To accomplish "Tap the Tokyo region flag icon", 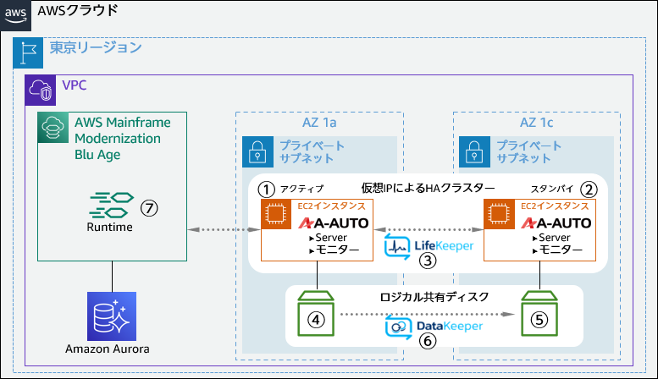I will click(x=26, y=53).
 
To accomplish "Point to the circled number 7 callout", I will click(x=150, y=206).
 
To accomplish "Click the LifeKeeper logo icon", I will click(x=398, y=246).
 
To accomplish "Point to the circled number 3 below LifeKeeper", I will click(x=429, y=261).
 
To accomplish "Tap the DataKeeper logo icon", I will click(x=398, y=326).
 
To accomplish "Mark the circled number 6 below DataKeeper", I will click(x=428, y=340).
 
